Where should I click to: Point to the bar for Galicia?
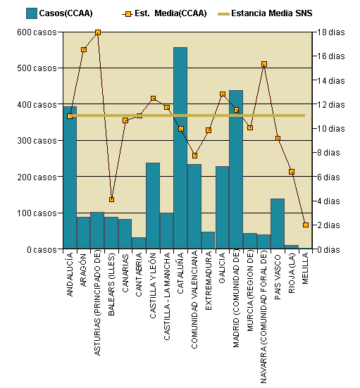click(222, 208)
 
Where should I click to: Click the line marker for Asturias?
click(97, 32)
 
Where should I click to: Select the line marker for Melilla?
click(305, 225)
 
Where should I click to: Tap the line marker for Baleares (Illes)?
click(111, 199)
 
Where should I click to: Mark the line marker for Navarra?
click(263, 64)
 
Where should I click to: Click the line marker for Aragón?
click(84, 49)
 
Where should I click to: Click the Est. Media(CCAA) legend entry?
click(164, 13)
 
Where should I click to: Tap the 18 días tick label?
click(330, 32)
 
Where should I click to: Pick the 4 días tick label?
click(330, 201)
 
